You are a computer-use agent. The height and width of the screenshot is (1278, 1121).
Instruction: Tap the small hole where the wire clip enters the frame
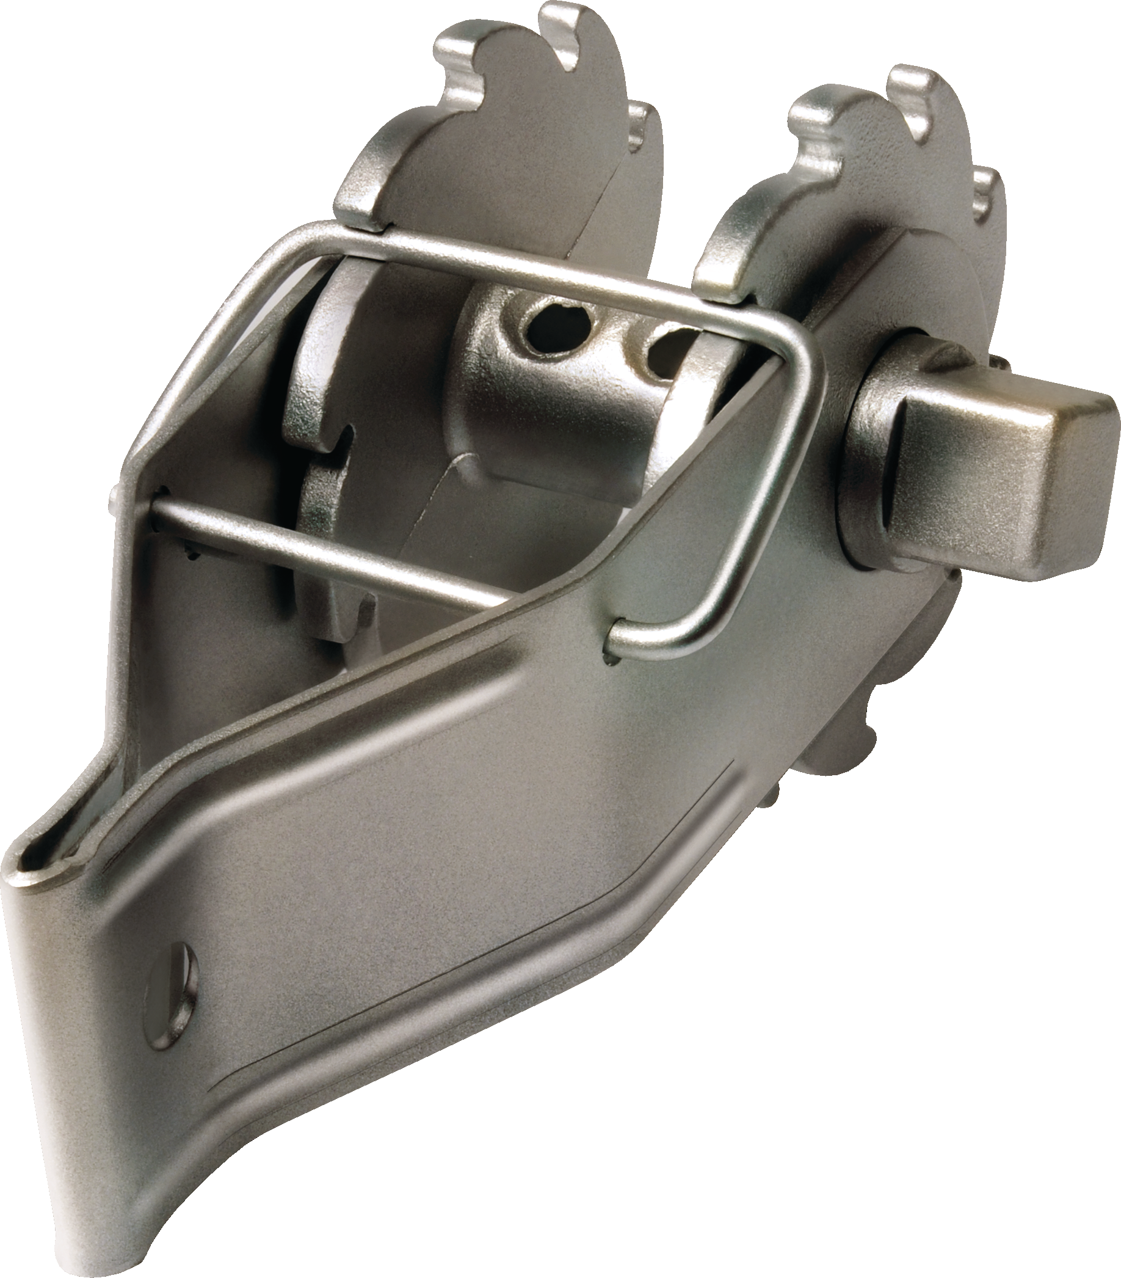click(609, 638)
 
